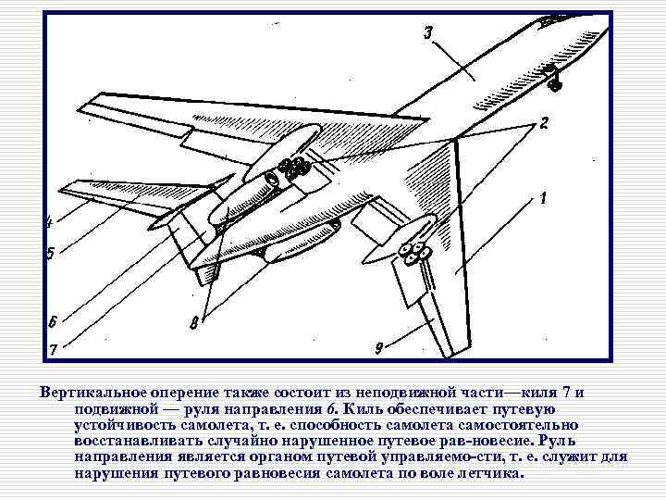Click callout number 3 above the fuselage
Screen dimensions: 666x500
pyautogui.click(x=428, y=34)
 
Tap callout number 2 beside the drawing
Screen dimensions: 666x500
pyautogui.click(x=545, y=122)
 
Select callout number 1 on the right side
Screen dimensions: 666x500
pyautogui.click(x=543, y=197)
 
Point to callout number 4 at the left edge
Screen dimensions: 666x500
pyautogui.click(x=49, y=221)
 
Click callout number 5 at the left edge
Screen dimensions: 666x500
pyautogui.click(x=51, y=254)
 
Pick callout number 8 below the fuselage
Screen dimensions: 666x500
pyautogui.click(x=193, y=323)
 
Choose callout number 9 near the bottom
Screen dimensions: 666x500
pyautogui.click(x=379, y=347)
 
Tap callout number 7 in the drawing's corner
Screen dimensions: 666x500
pyautogui.click(x=52, y=349)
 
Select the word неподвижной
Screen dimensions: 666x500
pyautogui.click(x=380, y=393)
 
